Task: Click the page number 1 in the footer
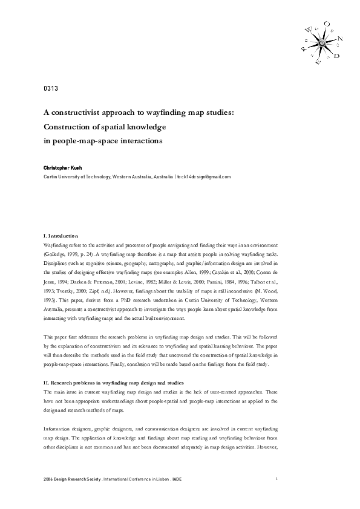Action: (x=277, y=479)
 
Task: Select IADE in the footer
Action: (x=177, y=479)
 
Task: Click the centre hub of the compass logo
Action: (x=321, y=43)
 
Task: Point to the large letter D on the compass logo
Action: (x=336, y=56)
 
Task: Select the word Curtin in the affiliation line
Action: (x=51, y=177)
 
